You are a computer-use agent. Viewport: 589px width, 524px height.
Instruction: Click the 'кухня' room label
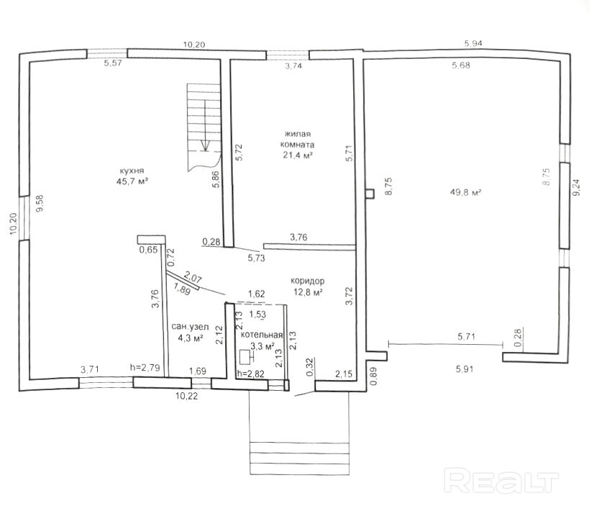pos(132,171)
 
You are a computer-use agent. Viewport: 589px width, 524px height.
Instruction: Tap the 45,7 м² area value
pos(132,181)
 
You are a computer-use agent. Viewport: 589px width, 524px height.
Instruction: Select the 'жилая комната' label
pos(298,139)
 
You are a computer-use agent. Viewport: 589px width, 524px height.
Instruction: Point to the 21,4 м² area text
pos(298,155)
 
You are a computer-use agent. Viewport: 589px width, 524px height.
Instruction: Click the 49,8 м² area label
pos(466,192)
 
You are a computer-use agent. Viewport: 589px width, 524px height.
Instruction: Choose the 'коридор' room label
pos(307,281)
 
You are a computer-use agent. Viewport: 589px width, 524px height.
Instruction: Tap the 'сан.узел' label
pos(190,327)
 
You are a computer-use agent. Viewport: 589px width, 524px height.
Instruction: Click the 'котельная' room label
pos(262,335)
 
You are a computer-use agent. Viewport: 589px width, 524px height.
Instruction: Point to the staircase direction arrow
pos(205,125)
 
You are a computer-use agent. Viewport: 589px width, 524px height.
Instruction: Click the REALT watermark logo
pos(501,480)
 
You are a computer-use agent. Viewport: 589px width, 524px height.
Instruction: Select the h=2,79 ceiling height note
pos(145,366)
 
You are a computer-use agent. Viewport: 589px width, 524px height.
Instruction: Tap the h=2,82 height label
pos(251,374)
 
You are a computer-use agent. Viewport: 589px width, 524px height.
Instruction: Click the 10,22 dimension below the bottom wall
pos(187,396)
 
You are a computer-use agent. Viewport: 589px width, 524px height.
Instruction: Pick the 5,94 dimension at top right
pos(473,44)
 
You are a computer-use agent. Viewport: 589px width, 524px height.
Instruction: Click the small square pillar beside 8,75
pos(370,193)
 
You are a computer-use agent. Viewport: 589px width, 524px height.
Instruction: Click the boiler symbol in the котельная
pos(246,357)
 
